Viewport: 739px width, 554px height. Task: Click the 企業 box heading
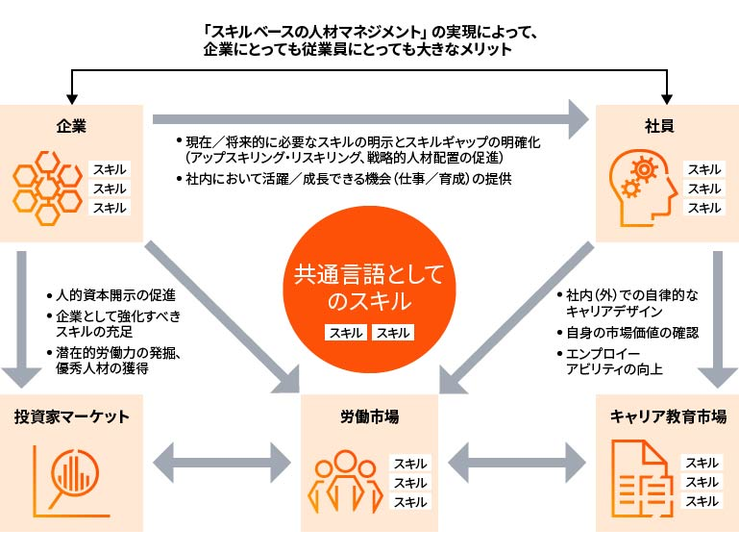72,126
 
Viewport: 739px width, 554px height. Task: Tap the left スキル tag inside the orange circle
346,333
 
